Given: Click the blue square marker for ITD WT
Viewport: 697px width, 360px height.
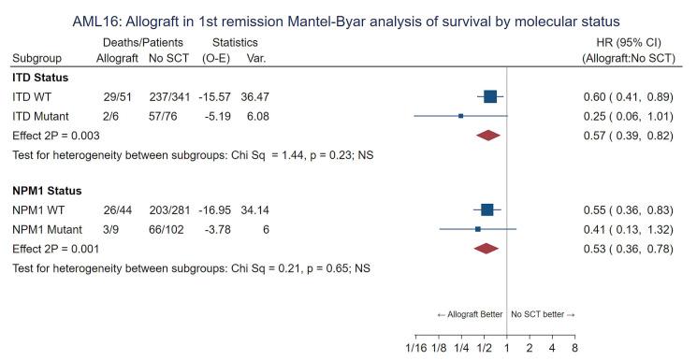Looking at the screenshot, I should (x=490, y=96).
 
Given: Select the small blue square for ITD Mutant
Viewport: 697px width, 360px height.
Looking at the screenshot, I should (x=460, y=116).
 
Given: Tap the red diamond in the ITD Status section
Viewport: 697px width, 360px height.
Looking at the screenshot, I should (x=487, y=135).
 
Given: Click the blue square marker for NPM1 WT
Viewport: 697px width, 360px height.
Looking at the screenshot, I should (x=486, y=209).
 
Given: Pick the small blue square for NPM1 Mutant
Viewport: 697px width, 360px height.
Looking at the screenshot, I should (x=478, y=229).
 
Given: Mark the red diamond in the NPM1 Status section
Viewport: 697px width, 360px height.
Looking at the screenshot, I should (x=486, y=248).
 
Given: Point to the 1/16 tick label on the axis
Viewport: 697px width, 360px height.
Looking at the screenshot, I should (x=415, y=348).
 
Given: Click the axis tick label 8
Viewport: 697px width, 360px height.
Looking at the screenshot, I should (x=574, y=348).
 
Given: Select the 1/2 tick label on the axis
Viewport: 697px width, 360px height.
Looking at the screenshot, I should (x=484, y=348).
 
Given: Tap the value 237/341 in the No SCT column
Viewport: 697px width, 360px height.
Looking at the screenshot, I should (x=167, y=96).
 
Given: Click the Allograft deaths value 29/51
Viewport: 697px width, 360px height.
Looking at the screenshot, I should (x=116, y=96).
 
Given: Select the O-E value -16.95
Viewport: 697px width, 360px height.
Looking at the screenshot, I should (x=218, y=209).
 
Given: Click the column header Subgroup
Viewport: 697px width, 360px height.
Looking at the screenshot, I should (x=38, y=58).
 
